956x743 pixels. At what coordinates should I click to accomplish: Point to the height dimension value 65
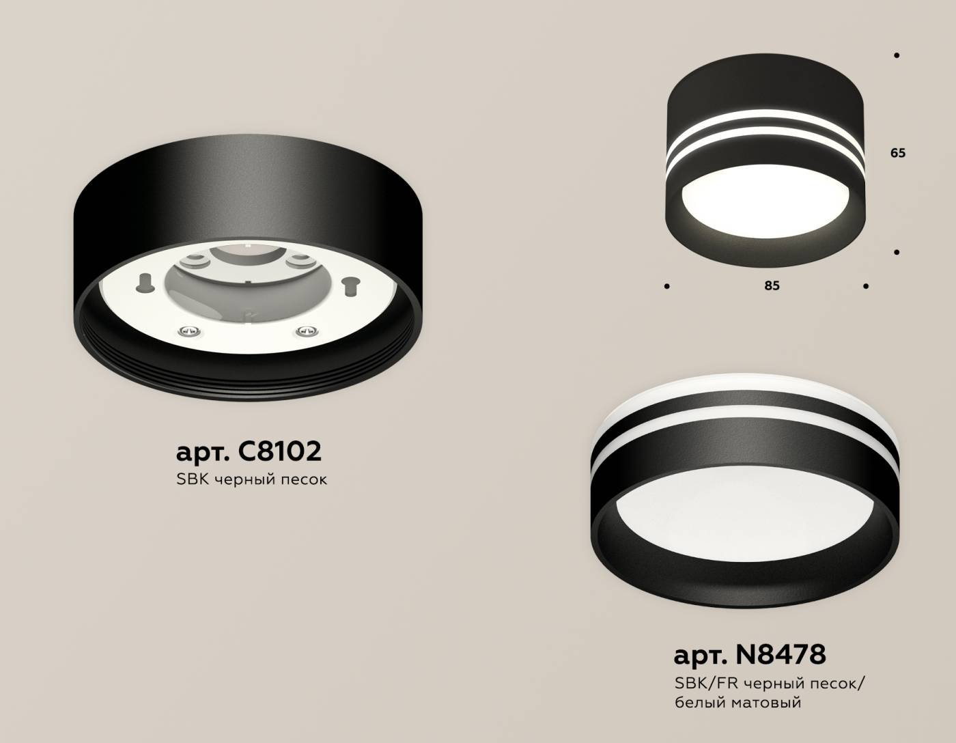coord(897,153)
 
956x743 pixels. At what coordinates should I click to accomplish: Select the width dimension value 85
coord(772,285)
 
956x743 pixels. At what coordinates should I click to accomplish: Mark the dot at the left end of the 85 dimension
coord(666,286)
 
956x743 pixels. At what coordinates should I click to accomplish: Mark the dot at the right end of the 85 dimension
coord(865,286)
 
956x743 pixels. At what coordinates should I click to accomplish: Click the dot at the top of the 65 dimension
coord(897,55)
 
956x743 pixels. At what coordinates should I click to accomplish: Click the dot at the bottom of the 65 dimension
coord(897,252)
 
